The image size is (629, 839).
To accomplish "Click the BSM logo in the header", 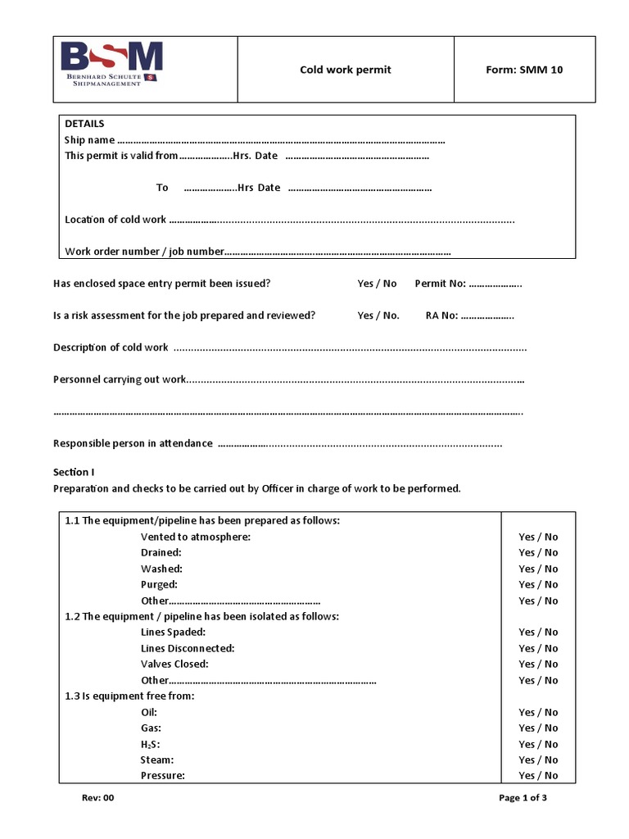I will point(112,65).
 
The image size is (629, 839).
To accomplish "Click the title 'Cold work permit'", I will point(345,70).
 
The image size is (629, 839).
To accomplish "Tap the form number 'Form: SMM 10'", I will point(524,70).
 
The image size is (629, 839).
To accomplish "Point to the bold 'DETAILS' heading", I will point(84,124).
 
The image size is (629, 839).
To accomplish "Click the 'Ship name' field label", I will point(89,140).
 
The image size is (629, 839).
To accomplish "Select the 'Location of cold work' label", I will point(115,220).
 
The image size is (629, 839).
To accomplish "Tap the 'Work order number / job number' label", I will point(144,252).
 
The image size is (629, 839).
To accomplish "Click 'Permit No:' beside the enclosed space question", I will point(440,283).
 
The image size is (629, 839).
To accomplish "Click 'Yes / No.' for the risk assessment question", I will point(378,315).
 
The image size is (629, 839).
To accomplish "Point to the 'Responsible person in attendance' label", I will point(133,443).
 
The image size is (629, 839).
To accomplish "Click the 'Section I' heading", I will point(74,472).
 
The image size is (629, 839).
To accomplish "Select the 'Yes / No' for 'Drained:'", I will point(538,553).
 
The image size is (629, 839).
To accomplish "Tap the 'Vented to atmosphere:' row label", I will point(195,537).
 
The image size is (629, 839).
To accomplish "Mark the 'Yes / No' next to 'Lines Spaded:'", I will point(538,633).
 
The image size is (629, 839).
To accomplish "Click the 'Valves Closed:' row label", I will point(174,664).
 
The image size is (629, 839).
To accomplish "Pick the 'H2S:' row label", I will point(151,744).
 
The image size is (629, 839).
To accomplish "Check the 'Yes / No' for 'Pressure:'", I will point(538,776).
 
